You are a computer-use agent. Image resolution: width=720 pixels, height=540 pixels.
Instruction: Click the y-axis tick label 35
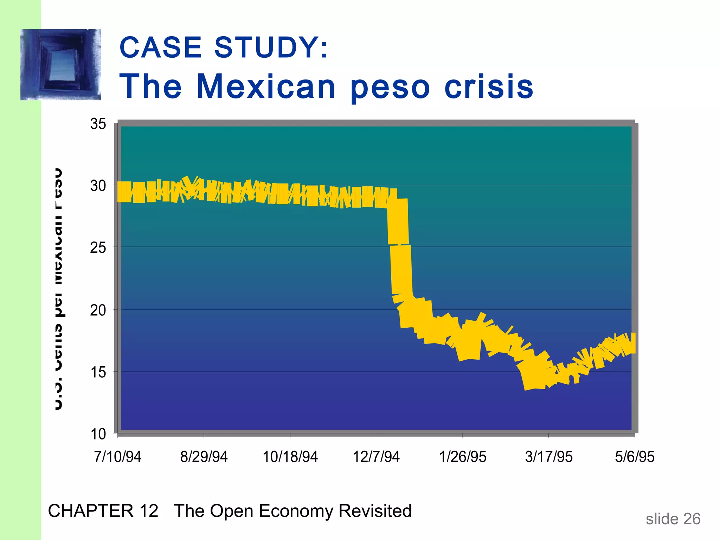pyautogui.click(x=98, y=124)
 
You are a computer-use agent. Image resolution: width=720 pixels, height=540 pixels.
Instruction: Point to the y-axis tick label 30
pyautogui.click(x=98, y=186)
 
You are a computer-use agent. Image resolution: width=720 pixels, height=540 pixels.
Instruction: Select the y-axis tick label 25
pyautogui.click(x=98, y=248)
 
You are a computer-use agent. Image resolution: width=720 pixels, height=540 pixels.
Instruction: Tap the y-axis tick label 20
pyautogui.click(x=98, y=310)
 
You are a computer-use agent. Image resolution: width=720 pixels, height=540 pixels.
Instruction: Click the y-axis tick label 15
pyautogui.click(x=98, y=372)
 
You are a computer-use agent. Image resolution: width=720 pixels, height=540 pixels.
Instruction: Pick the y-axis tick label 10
pyautogui.click(x=98, y=434)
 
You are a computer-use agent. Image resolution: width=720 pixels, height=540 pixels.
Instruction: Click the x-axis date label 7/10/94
pyautogui.click(x=117, y=457)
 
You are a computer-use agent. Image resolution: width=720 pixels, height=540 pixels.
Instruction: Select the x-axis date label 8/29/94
pyautogui.click(x=204, y=457)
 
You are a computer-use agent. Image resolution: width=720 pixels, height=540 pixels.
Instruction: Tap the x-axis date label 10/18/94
pyautogui.click(x=290, y=457)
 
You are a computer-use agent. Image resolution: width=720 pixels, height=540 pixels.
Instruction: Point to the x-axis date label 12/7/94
pyautogui.click(x=376, y=457)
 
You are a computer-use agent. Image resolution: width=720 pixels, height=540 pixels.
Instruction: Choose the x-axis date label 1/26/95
pyautogui.click(x=463, y=457)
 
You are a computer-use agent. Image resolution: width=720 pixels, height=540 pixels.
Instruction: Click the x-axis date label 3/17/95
pyautogui.click(x=549, y=457)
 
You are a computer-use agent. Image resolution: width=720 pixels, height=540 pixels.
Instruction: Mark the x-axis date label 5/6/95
pyautogui.click(x=635, y=457)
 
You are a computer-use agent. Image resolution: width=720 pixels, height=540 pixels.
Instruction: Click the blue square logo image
pyautogui.click(x=60, y=65)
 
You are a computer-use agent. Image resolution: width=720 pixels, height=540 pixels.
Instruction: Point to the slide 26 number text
pyautogui.click(x=673, y=519)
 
